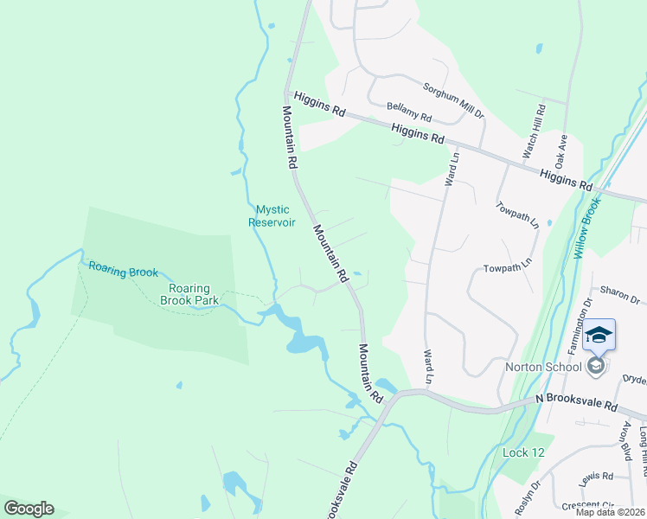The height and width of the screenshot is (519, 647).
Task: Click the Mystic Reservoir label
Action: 273,215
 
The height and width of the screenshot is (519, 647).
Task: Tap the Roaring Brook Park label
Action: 189,294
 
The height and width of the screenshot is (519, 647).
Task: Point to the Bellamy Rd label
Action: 409,111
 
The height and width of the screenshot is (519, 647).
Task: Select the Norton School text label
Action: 544,367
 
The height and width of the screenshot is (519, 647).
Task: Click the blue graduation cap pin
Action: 599,335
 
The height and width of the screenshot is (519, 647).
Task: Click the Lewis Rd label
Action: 597,476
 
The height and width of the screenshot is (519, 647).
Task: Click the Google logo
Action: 29,509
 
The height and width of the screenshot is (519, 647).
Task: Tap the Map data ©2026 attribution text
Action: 610,512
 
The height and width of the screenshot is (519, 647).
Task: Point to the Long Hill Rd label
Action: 642,441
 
